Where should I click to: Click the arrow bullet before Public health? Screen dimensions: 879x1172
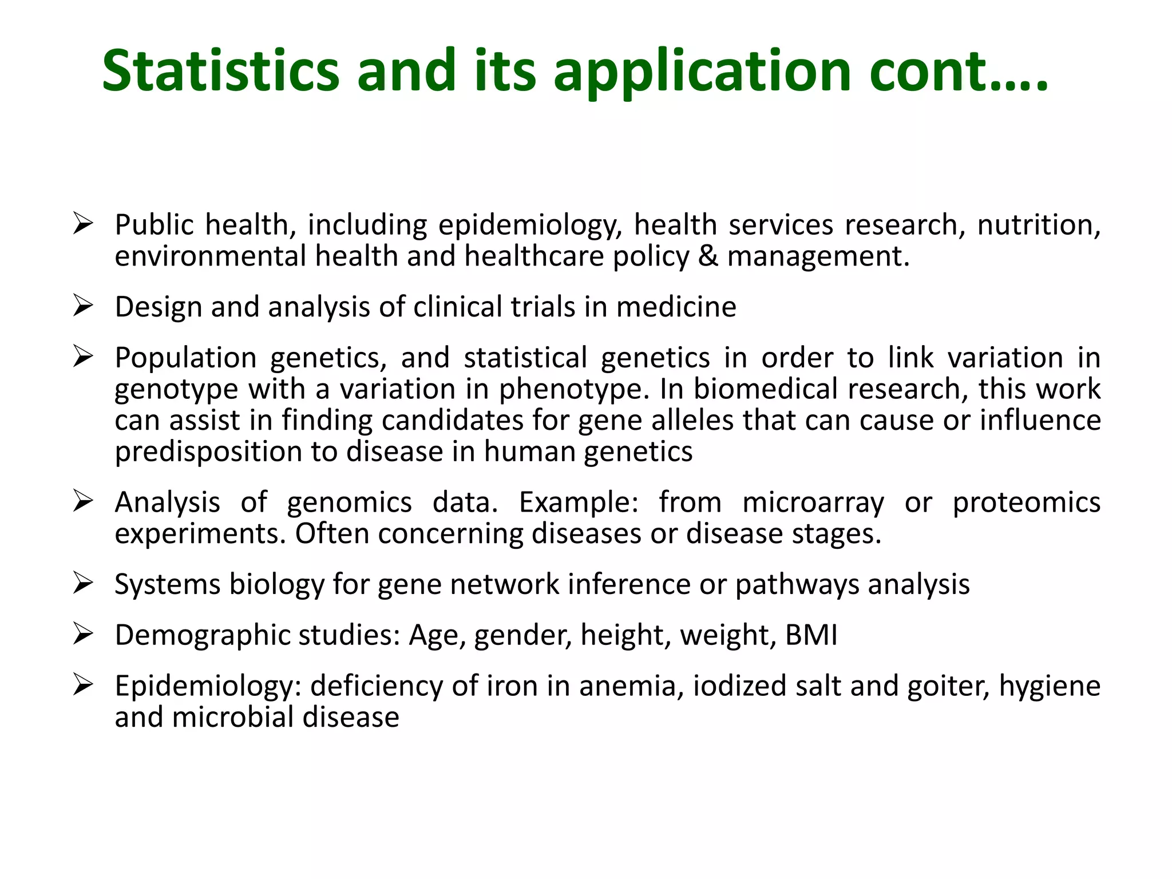[x=83, y=224]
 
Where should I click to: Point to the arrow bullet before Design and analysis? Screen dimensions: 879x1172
[x=83, y=306]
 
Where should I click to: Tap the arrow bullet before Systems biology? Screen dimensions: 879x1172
[x=83, y=584]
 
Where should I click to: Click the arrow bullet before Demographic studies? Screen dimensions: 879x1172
[x=83, y=635]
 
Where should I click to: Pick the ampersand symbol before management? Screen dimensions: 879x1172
[x=708, y=256]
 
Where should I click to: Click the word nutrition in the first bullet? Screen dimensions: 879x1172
[x=1038, y=224]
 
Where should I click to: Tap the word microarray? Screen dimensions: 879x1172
[x=813, y=502]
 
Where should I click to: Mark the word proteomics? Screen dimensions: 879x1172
[x=1026, y=502]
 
